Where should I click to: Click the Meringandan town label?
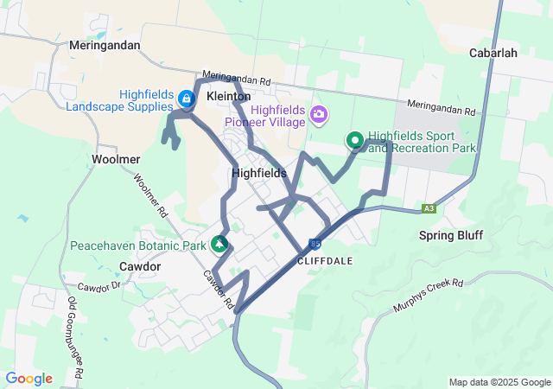click(x=105, y=46)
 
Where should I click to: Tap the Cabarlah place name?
click(x=493, y=53)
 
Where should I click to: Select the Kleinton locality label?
click(x=229, y=96)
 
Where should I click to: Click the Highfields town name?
click(x=259, y=173)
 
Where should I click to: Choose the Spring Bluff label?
click(x=451, y=235)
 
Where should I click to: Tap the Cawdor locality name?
click(x=140, y=267)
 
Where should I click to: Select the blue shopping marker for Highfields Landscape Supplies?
click(x=186, y=97)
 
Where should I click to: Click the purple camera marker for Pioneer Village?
click(x=320, y=114)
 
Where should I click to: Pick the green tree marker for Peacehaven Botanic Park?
click(x=219, y=245)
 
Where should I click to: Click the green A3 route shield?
click(x=429, y=208)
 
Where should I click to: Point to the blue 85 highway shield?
click(x=315, y=245)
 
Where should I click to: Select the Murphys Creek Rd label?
click(x=428, y=295)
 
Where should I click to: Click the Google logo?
click(x=29, y=379)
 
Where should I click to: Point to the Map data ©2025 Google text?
click(x=499, y=382)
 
